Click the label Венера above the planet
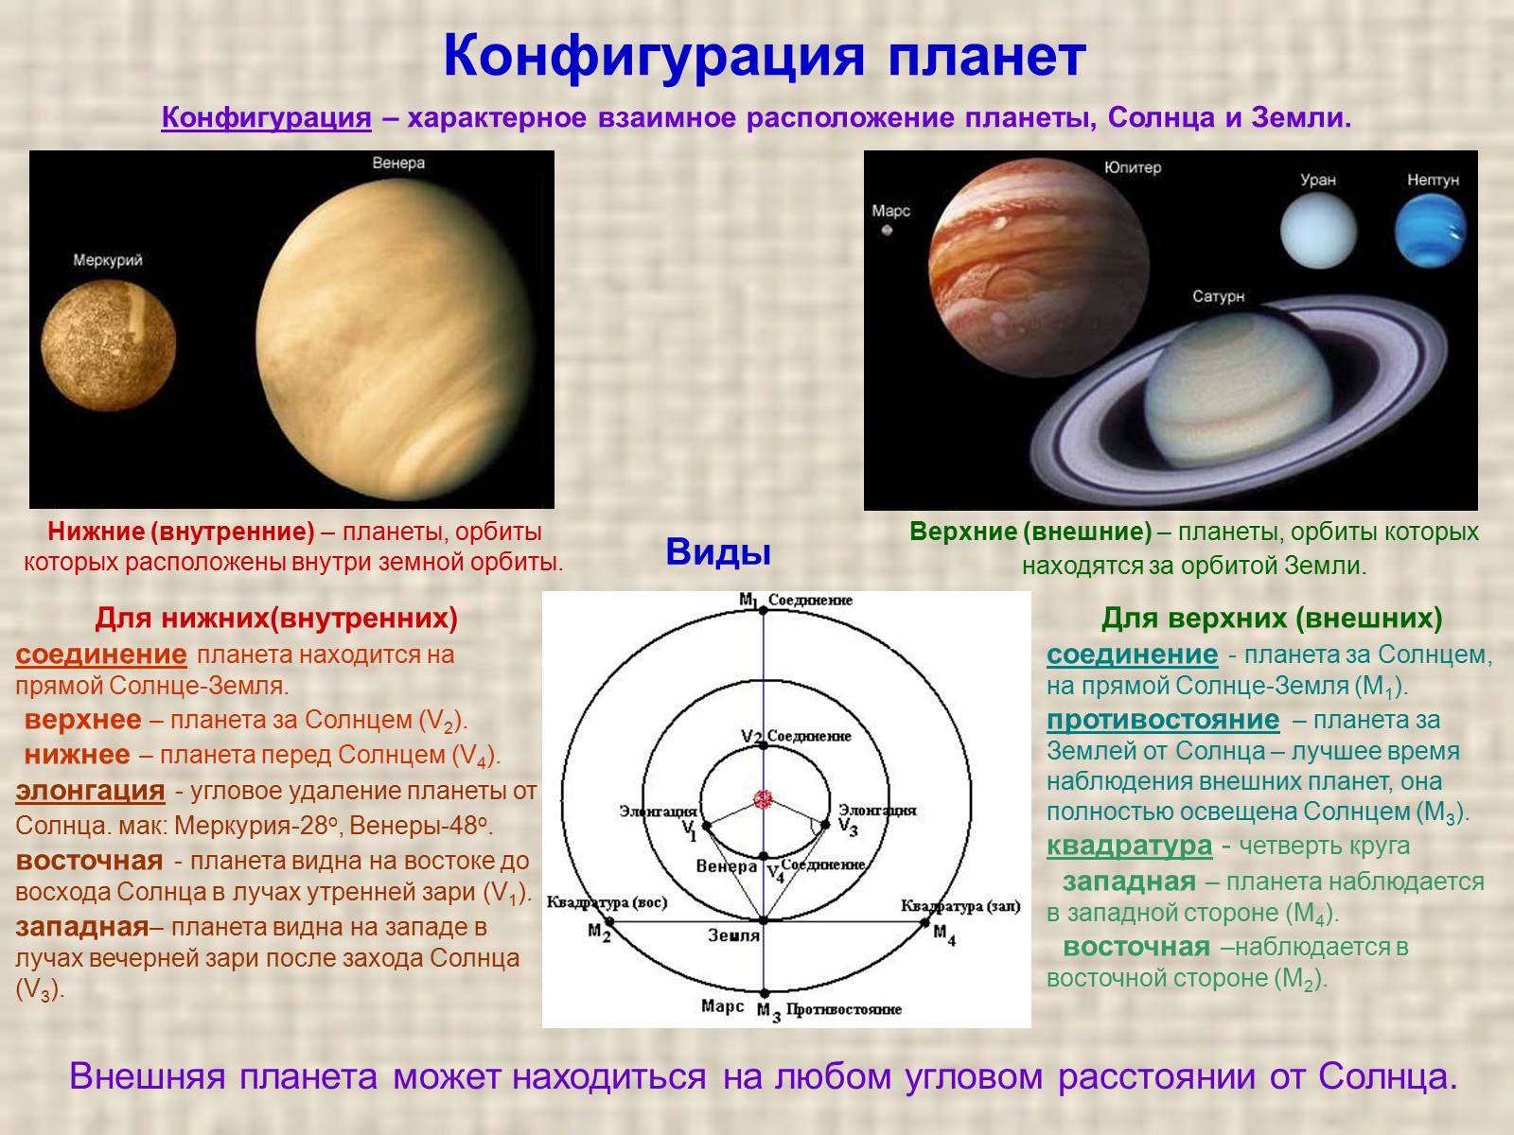click(x=398, y=163)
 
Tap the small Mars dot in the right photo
click(x=888, y=230)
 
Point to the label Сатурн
click(x=1218, y=297)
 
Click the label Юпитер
click(x=1132, y=167)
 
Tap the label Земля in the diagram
click(x=734, y=935)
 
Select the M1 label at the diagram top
click(x=748, y=600)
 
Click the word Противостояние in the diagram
click(x=843, y=1009)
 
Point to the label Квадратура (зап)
click(x=961, y=906)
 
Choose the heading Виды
click(x=717, y=552)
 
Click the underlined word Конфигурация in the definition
click(x=267, y=119)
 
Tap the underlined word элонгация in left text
click(x=90, y=790)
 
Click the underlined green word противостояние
click(x=1163, y=720)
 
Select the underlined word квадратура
click(x=1129, y=846)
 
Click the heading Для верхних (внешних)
click(x=1272, y=620)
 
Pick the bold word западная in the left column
click(x=81, y=926)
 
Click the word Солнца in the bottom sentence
click(x=1385, y=1077)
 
